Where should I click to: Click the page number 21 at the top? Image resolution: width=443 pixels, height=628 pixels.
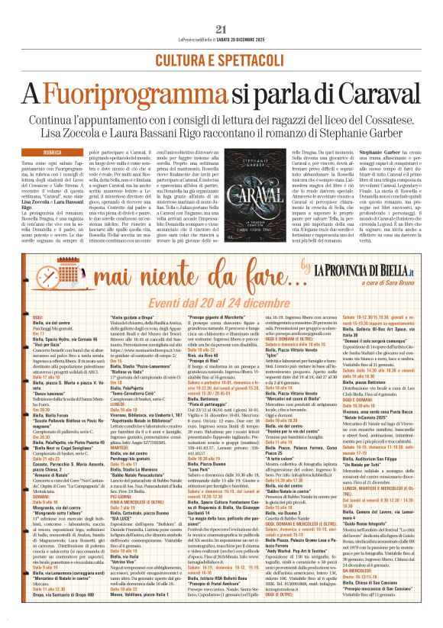pyautogui.click(x=221, y=28)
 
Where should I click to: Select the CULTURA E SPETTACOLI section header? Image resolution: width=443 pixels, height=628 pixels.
pyautogui.click(x=221, y=60)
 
